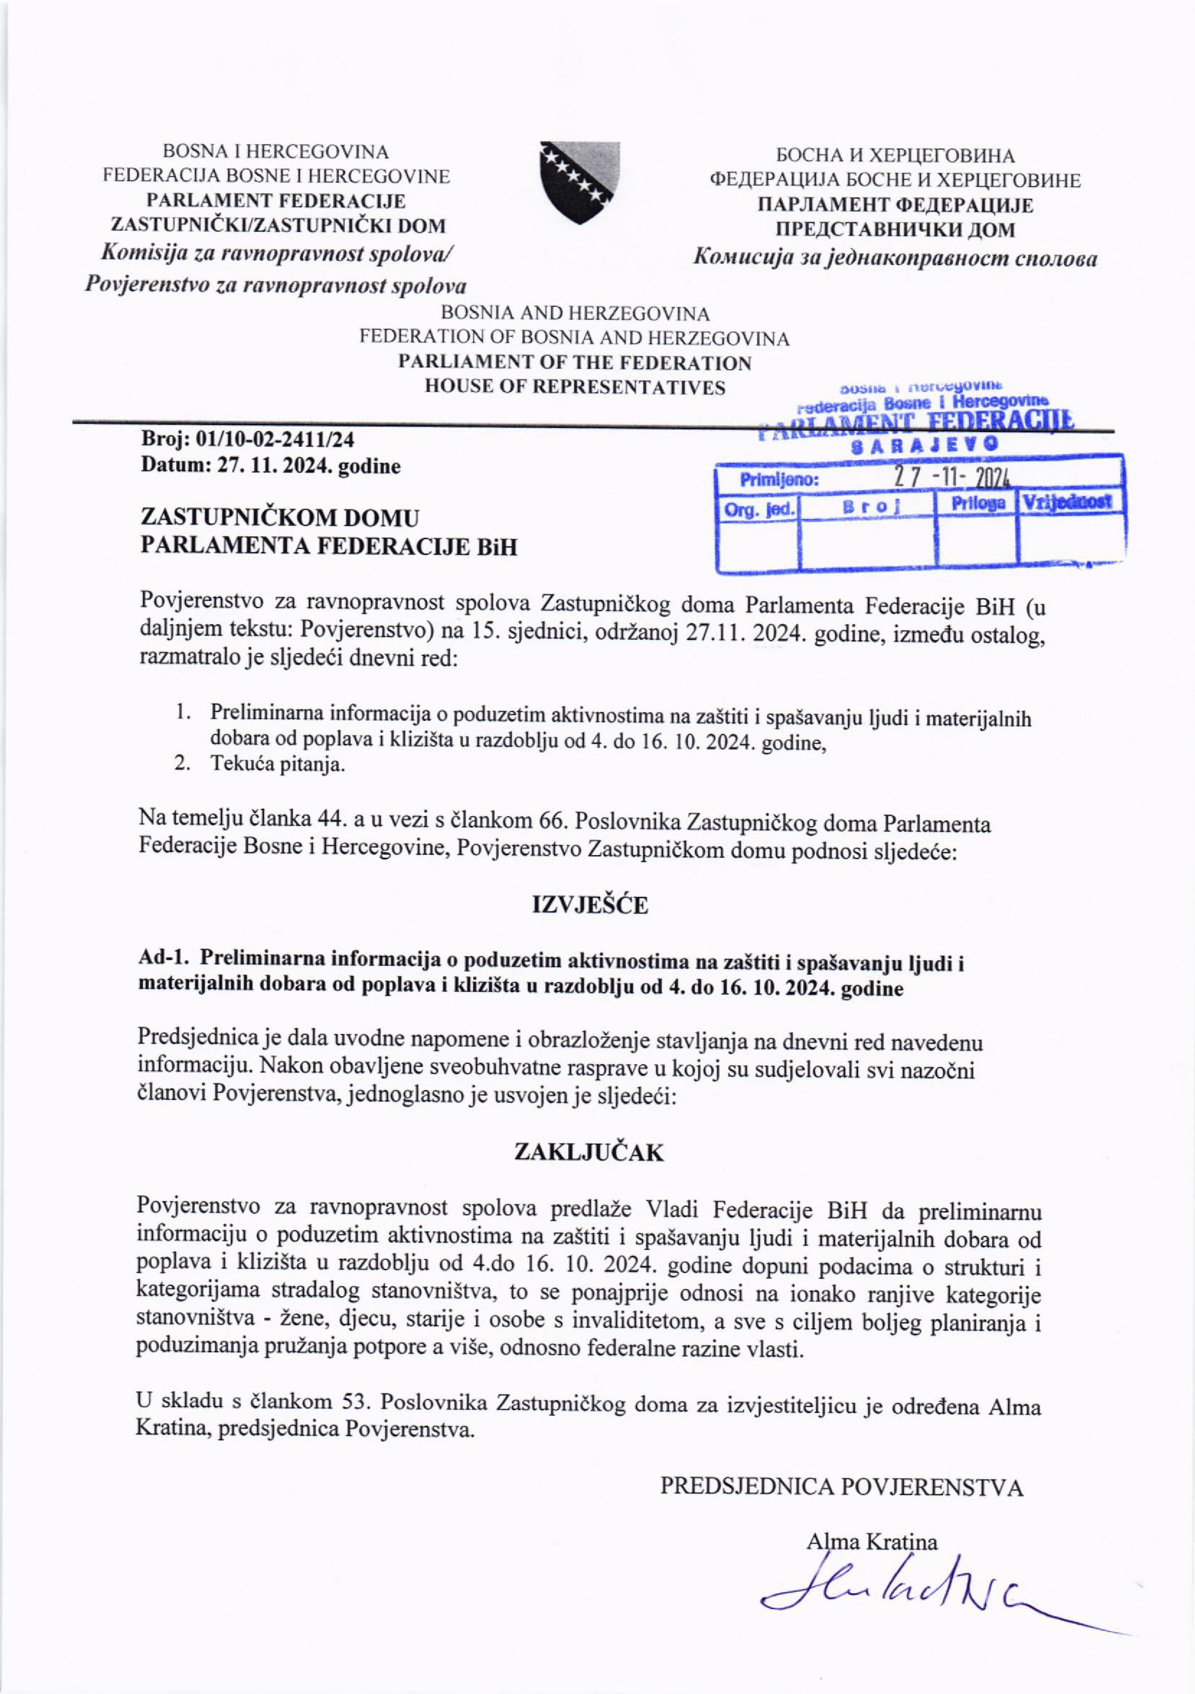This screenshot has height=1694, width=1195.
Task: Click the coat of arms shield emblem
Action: click(x=579, y=183)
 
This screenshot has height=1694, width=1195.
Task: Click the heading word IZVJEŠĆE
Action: click(x=590, y=905)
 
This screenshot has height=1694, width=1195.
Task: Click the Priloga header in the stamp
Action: click(x=978, y=504)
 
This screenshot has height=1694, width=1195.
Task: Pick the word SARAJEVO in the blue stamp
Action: click(x=926, y=446)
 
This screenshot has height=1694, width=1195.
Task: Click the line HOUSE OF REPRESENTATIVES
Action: click(x=575, y=387)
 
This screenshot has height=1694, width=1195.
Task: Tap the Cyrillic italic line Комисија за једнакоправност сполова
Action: click(x=895, y=258)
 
